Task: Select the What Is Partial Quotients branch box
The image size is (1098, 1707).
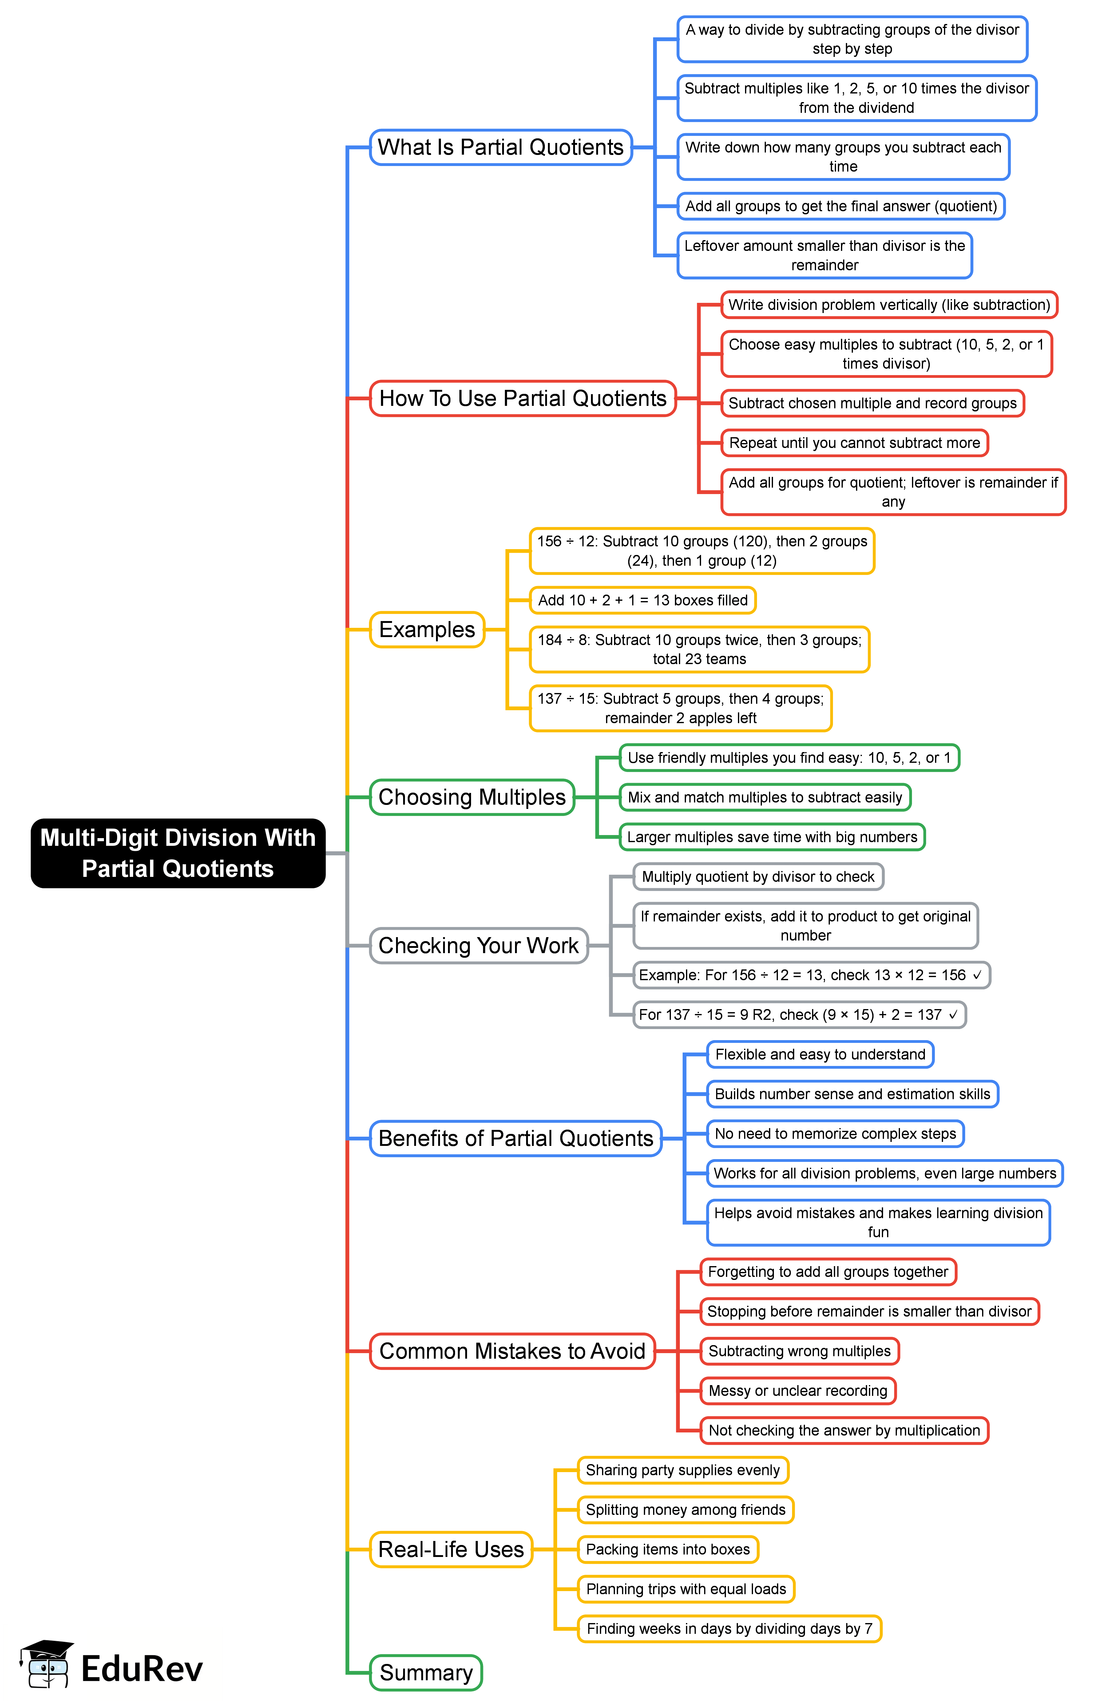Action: click(x=501, y=148)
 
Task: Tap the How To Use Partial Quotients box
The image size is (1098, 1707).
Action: click(x=523, y=398)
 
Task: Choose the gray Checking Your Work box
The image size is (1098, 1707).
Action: click(x=478, y=946)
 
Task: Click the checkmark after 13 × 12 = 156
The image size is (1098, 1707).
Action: click(x=977, y=975)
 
